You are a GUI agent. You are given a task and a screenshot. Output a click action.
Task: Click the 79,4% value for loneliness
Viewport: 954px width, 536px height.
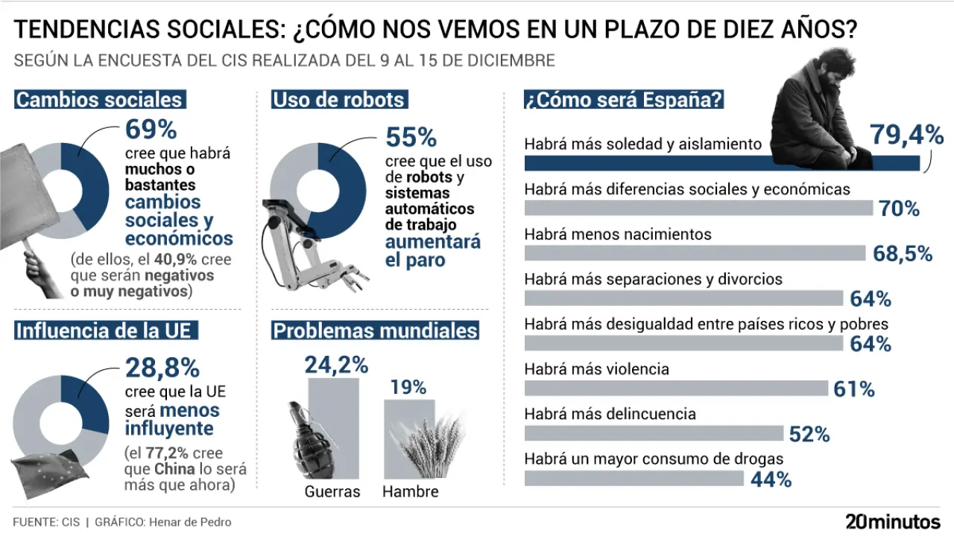(x=906, y=135)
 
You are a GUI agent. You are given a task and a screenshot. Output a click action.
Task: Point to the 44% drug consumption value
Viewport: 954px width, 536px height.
(x=771, y=479)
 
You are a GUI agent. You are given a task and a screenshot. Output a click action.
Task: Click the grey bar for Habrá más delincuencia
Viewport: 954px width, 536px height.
(x=654, y=434)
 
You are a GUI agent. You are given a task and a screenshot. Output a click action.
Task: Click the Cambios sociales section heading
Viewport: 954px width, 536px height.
(x=99, y=100)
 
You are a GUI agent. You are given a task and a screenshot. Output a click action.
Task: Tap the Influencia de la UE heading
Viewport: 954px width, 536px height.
(x=107, y=330)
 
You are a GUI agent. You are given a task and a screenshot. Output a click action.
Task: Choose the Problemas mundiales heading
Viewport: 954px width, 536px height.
(x=376, y=331)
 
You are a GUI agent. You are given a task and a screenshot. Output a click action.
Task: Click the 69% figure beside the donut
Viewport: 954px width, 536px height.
(x=151, y=130)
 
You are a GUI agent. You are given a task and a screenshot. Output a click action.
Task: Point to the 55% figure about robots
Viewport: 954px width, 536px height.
(x=411, y=137)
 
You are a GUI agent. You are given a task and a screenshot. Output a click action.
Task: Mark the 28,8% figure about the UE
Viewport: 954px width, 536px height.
(x=162, y=367)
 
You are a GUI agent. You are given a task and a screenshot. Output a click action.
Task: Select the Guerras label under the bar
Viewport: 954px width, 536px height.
(x=332, y=492)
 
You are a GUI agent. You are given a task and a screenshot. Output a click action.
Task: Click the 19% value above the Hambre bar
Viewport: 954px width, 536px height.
(x=408, y=387)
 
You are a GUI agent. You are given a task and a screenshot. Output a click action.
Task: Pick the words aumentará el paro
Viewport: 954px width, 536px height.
(x=432, y=251)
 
